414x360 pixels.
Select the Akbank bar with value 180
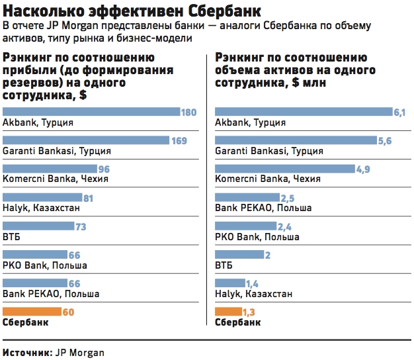click(x=91, y=112)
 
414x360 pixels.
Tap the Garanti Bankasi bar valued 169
click(x=86, y=141)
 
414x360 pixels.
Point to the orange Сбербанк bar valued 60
click(x=31, y=312)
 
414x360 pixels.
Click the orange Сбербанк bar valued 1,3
click(x=229, y=312)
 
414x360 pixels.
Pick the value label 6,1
click(x=399, y=112)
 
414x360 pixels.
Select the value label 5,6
click(x=385, y=141)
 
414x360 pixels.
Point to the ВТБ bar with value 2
click(x=239, y=255)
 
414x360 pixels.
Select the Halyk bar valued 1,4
click(x=229, y=283)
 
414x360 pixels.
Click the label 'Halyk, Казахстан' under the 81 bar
click(x=41, y=208)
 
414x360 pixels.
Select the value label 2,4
click(x=285, y=226)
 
